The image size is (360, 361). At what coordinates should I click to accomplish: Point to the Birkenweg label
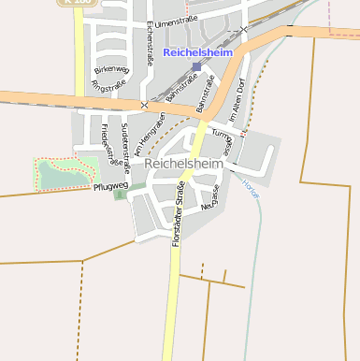click(x=110, y=69)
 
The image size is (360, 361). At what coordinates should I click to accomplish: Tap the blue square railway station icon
click(x=196, y=67)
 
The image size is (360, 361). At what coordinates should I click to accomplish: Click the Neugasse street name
click(x=209, y=199)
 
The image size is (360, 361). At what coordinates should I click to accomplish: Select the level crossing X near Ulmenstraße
click(x=243, y=29)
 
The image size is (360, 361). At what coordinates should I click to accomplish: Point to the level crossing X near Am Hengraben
click(x=143, y=105)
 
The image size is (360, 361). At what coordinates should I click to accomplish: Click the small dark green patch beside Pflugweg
click(x=120, y=195)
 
